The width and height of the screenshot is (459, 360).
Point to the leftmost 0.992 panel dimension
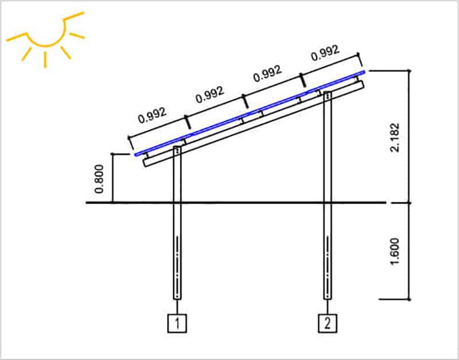tap(153, 116)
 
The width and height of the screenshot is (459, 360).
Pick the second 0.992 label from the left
tap(209, 95)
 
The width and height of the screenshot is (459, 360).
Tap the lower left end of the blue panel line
tap(135, 154)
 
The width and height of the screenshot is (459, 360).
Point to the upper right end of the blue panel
tap(364, 72)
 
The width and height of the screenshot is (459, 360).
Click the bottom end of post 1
tap(177, 298)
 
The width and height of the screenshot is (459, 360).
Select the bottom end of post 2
tap(327, 298)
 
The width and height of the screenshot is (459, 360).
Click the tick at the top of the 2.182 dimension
tap(410, 71)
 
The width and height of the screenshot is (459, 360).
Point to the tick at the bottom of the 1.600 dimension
tap(410, 299)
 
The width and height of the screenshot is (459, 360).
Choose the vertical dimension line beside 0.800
tap(112, 178)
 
